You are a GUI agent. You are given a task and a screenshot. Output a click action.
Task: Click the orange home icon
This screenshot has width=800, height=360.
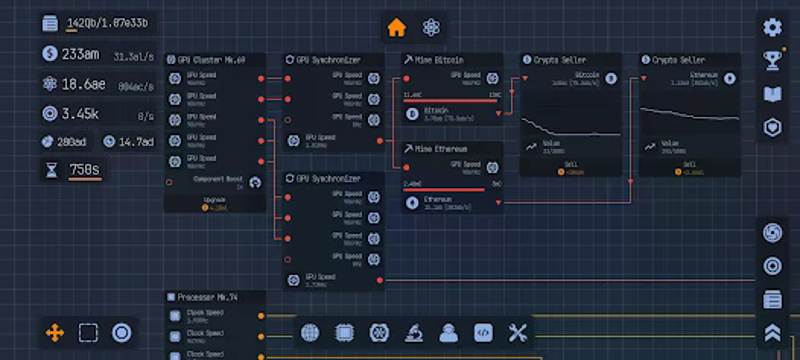click(x=397, y=27)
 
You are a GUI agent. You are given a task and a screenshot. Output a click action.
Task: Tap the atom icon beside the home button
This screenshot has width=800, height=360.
click(x=431, y=27)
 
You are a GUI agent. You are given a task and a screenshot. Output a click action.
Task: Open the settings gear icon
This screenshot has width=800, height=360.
click(x=772, y=28)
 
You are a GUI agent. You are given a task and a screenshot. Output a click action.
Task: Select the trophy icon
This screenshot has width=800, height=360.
click(x=772, y=61)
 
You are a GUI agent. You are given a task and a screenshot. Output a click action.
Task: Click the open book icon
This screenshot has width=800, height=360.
click(x=772, y=94)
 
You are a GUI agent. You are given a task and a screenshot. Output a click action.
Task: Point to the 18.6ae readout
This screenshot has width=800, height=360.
click(x=84, y=84)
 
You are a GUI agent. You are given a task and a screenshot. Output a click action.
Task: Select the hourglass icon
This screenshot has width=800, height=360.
click(x=51, y=170)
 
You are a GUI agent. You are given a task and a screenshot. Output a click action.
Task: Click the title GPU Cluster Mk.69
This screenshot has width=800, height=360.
click(x=212, y=60)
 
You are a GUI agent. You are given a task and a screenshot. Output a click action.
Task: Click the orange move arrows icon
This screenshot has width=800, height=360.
click(x=54, y=332)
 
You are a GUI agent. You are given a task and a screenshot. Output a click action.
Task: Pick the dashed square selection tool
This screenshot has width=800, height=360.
click(x=88, y=332)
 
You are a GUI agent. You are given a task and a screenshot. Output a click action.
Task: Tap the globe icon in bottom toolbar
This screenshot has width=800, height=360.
click(x=310, y=333)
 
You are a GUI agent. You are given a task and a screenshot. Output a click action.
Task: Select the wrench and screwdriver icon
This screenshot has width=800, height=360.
click(x=518, y=333)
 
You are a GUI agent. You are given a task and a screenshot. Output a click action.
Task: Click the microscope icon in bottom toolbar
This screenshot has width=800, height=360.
click(x=414, y=333)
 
